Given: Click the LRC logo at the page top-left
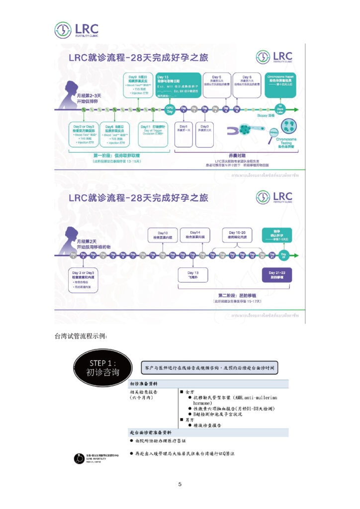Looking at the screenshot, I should [x=77, y=30].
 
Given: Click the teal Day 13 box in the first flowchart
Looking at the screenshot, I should [x=177, y=85].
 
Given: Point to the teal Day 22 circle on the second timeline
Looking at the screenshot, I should [x=284, y=256].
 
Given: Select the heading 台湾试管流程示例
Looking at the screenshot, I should [x=81, y=337].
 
